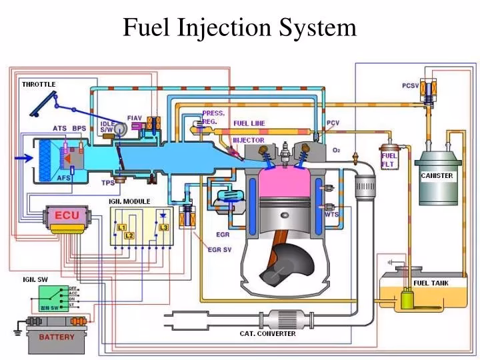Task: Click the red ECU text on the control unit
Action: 67,215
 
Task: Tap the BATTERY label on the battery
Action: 57,337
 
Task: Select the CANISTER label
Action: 437,176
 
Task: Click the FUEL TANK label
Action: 431,283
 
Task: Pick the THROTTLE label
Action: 39,84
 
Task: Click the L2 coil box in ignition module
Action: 129,235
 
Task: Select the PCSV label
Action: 411,85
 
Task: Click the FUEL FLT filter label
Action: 389,161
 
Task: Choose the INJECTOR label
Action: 247,140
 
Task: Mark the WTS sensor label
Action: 332,215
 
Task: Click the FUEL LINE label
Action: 249,123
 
